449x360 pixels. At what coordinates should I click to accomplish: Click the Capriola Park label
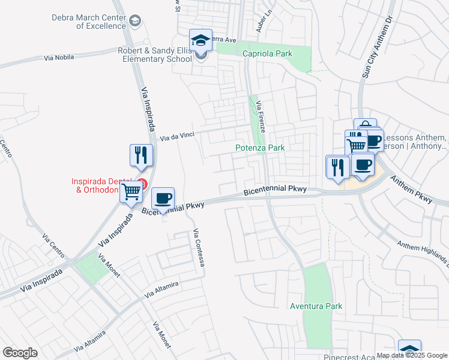tap(267, 53)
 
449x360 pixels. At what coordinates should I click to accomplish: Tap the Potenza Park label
tap(259, 148)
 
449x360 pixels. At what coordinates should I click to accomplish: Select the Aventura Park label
tap(316, 306)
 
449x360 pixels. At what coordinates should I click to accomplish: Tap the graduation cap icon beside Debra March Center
tap(136, 22)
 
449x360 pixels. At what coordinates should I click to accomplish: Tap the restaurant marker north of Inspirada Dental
tap(142, 155)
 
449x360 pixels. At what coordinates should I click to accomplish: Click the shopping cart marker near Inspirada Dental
tap(131, 192)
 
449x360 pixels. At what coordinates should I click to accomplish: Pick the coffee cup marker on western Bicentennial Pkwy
tap(162, 198)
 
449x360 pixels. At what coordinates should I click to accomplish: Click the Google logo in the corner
tap(20, 352)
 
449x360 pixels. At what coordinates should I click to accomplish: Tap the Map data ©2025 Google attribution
tap(412, 355)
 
